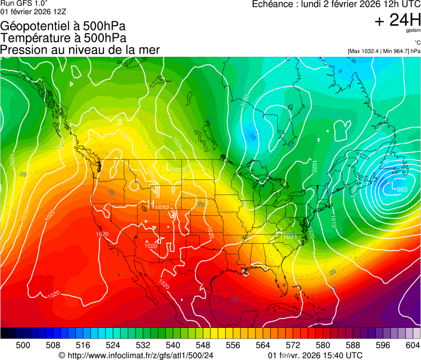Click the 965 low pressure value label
tap(403, 190)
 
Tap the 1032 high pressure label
tap(162, 207)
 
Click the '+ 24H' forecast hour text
tap(398, 20)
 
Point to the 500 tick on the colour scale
tap(23, 345)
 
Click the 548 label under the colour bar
tap(188, 345)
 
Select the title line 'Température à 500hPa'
tap(63, 38)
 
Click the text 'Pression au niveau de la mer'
tap(80, 50)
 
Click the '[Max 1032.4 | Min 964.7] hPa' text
tap(384, 51)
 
